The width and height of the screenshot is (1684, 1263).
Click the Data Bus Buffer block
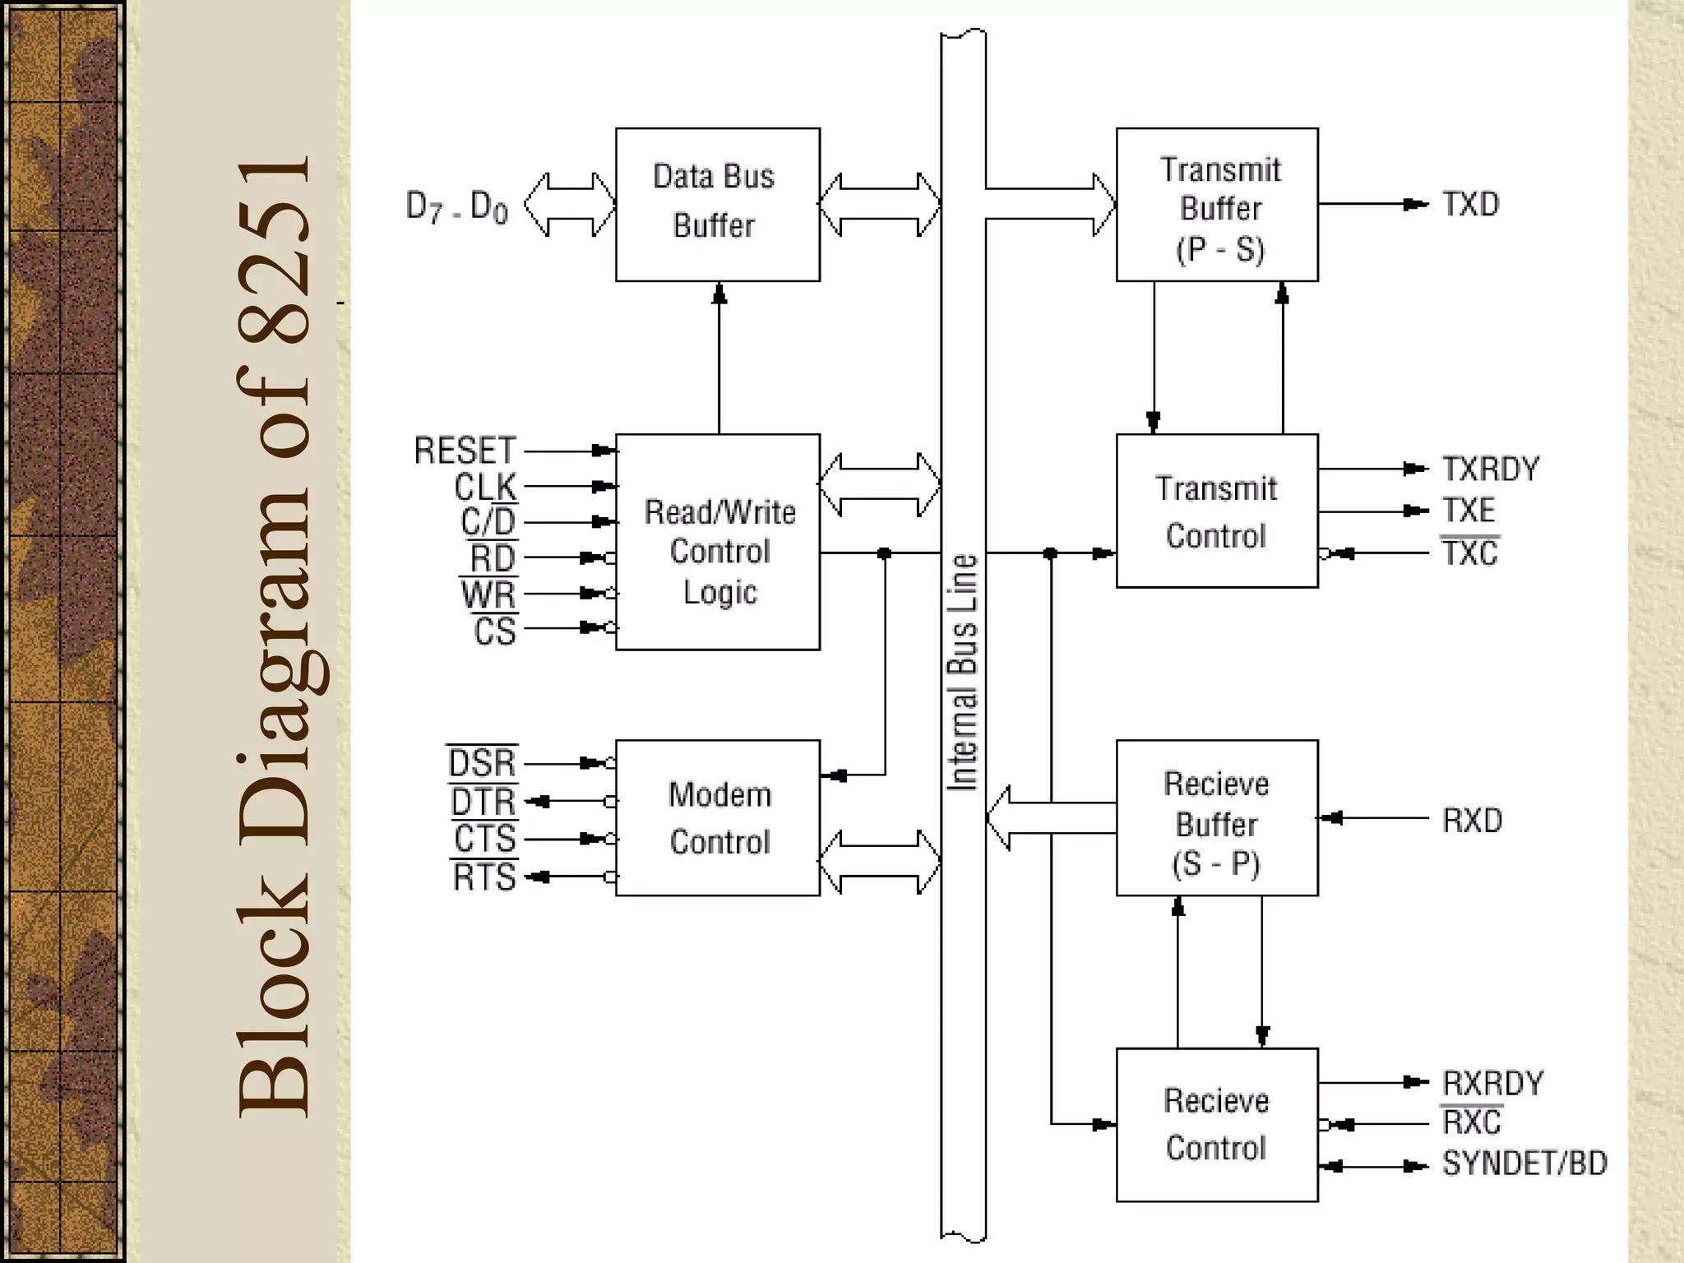[717, 204]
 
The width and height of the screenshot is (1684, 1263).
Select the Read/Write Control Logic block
[717, 543]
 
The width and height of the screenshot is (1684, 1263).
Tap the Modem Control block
[717, 817]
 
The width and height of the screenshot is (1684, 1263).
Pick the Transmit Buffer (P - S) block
[1217, 206]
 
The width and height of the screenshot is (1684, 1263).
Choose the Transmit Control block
[1217, 511]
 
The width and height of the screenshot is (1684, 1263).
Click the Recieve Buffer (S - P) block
[1217, 819]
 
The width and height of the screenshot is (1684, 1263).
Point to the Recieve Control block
[1217, 1124]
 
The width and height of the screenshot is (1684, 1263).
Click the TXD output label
[1471, 204]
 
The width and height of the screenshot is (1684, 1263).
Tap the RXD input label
[1472, 820]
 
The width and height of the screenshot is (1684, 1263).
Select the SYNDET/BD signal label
[1524, 1164]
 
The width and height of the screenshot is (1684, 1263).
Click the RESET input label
[465, 451]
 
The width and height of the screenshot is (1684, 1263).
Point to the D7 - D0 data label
[457, 206]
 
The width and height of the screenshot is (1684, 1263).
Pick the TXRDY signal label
[1491, 469]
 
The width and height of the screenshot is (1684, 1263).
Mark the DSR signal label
[483, 763]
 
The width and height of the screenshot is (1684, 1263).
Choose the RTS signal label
[484, 877]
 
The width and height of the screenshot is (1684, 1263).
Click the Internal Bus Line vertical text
[963, 673]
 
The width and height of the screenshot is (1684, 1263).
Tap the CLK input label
[485, 487]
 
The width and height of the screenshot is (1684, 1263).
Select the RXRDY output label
[1492, 1083]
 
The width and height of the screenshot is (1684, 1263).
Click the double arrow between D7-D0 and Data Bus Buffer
[570, 205]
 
